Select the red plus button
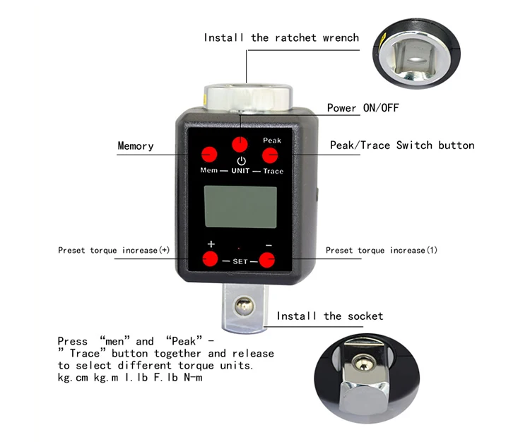click(211, 259)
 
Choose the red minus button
click(268, 260)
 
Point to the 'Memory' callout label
click(135, 146)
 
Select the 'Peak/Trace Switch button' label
click(402, 145)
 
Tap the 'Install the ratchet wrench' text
click(281, 37)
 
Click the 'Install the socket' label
click(329, 316)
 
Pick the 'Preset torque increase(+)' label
click(114, 250)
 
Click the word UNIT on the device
click(240, 172)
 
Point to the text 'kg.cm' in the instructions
click(73, 378)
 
